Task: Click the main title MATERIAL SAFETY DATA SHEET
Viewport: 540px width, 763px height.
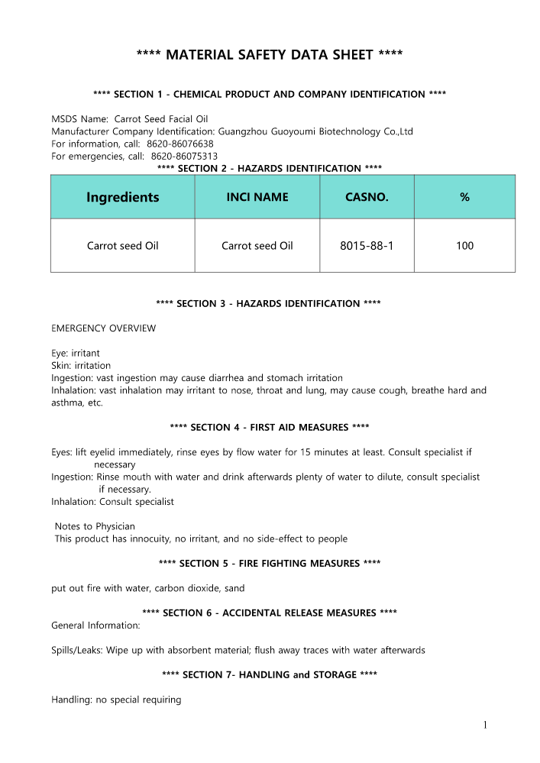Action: pyautogui.click(x=270, y=55)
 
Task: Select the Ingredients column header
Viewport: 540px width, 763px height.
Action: pyautogui.click(x=122, y=197)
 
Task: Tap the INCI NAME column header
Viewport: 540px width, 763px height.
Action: pyautogui.click(x=257, y=197)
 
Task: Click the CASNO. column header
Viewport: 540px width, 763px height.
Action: pyautogui.click(x=367, y=197)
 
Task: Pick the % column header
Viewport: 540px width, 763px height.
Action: pyautogui.click(x=464, y=197)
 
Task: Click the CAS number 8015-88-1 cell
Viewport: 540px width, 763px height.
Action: pyautogui.click(x=367, y=246)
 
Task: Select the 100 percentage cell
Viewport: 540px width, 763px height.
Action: pyautogui.click(x=464, y=246)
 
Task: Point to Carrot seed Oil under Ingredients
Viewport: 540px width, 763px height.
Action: pyautogui.click(x=122, y=246)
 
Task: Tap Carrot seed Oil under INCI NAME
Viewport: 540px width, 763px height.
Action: pyautogui.click(x=257, y=246)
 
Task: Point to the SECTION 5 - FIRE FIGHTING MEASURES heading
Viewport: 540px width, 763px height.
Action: pyautogui.click(x=270, y=564)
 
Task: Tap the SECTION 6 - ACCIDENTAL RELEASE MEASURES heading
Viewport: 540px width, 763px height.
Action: pyautogui.click(x=270, y=613)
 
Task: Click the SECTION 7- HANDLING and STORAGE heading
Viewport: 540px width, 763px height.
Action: pyautogui.click(x=270, y=675)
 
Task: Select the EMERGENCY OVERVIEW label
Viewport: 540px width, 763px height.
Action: pyautogui.click(x=103, y=328)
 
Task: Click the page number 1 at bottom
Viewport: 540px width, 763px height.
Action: pyautogui.click(x=485, y=726)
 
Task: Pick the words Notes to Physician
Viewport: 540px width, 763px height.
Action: pyautogui.click(x=95, y=526)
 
